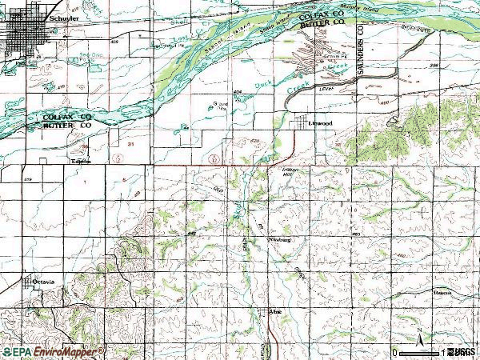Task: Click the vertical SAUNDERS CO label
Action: point(362,55)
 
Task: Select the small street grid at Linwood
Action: point(302,122)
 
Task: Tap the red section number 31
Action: point(130,143)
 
